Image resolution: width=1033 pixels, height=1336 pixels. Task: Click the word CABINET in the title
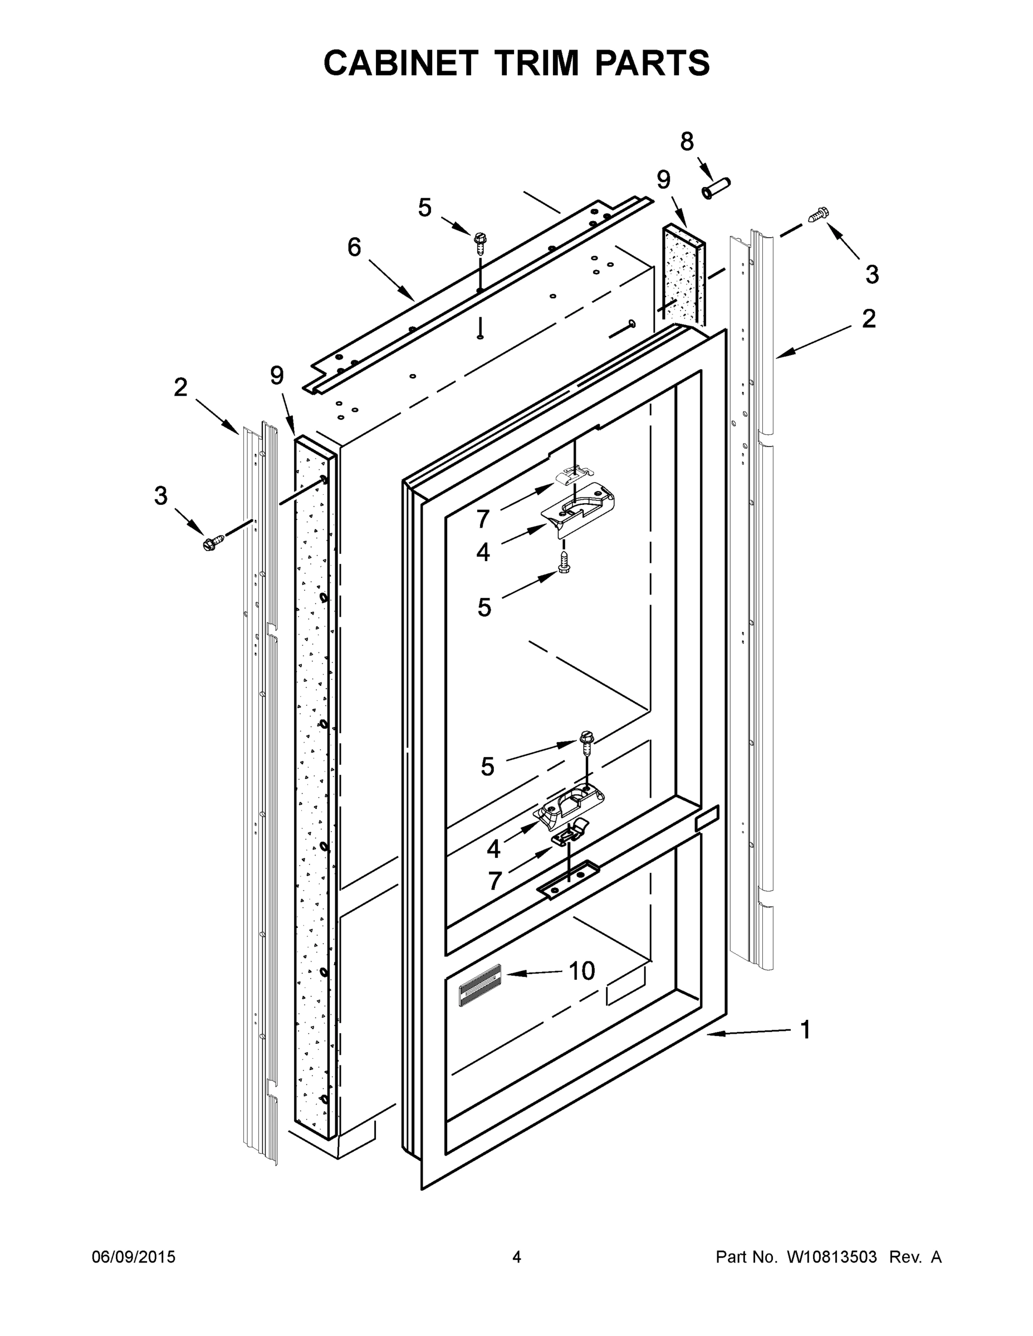coord(400,63)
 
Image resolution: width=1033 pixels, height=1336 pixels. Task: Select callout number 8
coord(687,142)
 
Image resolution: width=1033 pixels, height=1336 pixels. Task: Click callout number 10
coord(581,971)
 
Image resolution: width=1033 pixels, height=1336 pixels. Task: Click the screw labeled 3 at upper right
coord(818,215)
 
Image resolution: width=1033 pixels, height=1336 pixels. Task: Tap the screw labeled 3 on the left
coord(213,542)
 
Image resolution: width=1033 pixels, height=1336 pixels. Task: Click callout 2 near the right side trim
coord(868,319)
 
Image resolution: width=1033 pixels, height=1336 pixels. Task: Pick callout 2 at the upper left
coord(180,387)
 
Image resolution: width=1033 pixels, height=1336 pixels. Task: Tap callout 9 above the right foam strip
coord(663,180)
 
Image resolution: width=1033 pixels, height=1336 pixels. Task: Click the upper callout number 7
coord(483,519)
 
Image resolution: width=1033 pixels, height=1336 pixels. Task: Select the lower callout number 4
coord(493,849)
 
